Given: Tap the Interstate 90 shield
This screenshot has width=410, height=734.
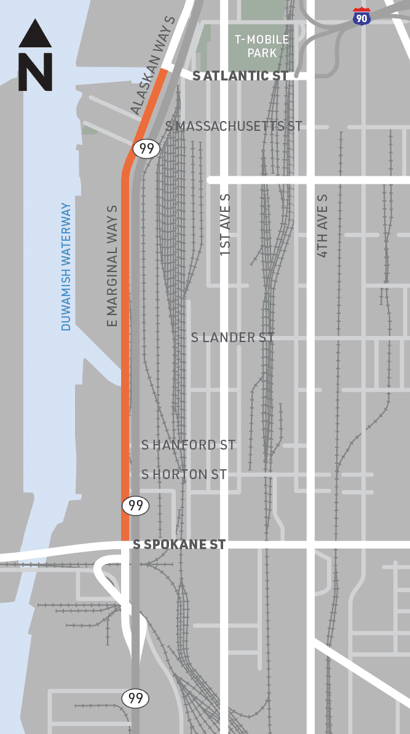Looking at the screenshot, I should pyautogui.click(x=362, y=17).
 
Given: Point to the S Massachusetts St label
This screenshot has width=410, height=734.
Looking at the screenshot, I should pyautogui.click(x=234, y=126).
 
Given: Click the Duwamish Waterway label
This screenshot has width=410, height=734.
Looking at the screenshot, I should pyautogui.click(x=66, y=267).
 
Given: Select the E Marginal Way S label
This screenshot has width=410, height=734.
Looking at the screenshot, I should pyautogui.click(x=112, y=265).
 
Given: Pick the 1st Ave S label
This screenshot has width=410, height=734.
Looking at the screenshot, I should pyautogui.click(x=225, y=225).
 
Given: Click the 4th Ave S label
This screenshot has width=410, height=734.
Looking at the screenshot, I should pyautogui.click(x=323, y=225).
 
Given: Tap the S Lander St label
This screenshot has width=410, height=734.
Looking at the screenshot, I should pyautogui.click(x=232, y=337).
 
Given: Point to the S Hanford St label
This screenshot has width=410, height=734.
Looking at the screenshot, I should pyautogui.click(x=188, y=445).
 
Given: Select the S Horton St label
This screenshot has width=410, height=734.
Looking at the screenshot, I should pyautogui.click(x=184, y=474).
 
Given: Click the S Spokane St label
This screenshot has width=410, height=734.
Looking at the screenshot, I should pyautogui.click(x=179, y=544).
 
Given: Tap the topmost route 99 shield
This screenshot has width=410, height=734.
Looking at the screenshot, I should pyautogui.click(x=146, y=149).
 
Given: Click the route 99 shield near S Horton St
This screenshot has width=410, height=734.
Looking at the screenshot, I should pyautogui.click(x=135, y=506).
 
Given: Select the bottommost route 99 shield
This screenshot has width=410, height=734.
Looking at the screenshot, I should pyautogui.click(x=135, y=698).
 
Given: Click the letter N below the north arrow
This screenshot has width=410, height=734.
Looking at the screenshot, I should pyautogui.click(x=35, y=72).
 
